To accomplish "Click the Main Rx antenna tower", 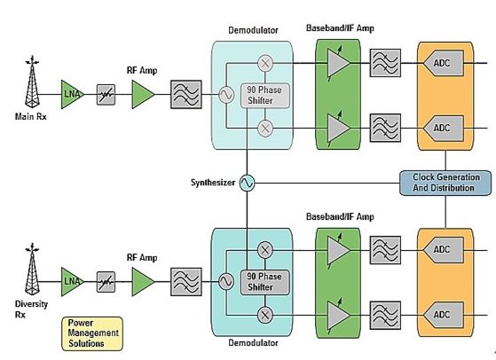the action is click(32, 82).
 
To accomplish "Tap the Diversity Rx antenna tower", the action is click(32, 270).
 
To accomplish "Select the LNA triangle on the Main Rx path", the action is click(73, 94).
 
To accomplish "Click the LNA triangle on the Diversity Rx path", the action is click(73, 282).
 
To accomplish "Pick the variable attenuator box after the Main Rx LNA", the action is click(106, 95).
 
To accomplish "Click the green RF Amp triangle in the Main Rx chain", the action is click(143, 94).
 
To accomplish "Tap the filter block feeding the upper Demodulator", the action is click(186, 95).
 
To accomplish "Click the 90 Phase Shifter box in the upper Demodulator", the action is click(265, 96).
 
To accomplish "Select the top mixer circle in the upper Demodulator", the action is click(265, 63).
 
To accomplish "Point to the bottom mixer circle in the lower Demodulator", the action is click(265, 315).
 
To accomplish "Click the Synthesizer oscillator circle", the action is click(247, 183).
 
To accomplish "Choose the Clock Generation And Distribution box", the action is click(445, 183).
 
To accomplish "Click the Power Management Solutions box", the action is click(92, 333).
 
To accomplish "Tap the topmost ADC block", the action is click(444, 63).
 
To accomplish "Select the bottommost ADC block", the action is click(444, 315).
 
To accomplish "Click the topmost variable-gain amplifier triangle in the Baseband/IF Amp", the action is click(338, 63).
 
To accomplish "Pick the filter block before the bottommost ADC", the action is click(385, 315).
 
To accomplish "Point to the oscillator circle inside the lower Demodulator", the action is click(226, 282).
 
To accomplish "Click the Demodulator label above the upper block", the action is click(254, 30).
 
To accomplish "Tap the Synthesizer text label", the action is click(213, 183).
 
